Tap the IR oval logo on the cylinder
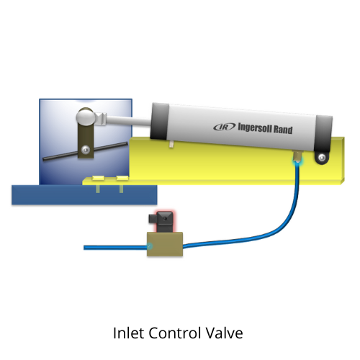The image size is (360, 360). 225,127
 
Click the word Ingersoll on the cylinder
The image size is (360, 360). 255,127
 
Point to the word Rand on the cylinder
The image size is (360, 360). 283,130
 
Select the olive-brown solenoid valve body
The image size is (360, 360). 165,244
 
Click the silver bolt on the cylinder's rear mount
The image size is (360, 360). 322,158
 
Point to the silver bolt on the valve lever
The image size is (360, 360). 86,150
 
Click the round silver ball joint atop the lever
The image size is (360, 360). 85,117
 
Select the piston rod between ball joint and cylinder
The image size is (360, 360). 129,121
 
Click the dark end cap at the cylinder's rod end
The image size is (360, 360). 159,122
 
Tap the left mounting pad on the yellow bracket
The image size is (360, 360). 98,178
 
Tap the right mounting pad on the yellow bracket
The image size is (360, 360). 122,178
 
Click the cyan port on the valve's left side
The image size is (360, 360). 150,246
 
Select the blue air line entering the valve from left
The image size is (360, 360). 115,248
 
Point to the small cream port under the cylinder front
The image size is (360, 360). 171,144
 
